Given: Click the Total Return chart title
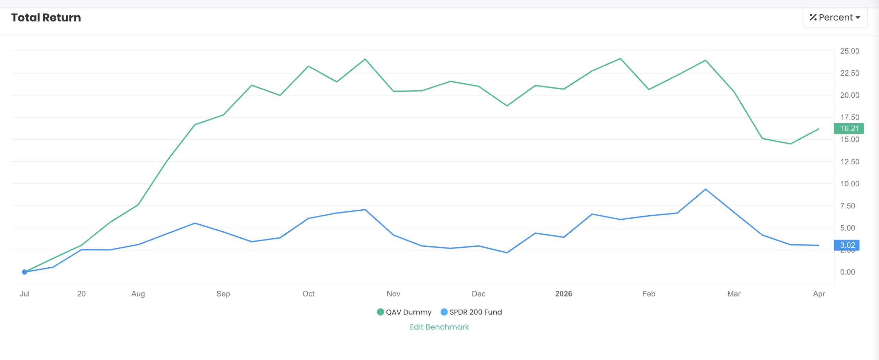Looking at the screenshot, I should coord(46,18).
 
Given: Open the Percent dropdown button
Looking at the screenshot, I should coord(835,18).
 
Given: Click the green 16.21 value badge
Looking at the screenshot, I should coord(849,128).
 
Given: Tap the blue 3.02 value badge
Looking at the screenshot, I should coord(847,245).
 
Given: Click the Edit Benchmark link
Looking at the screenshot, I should coord(439,327).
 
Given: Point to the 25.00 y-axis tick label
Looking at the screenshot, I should coord(849,51).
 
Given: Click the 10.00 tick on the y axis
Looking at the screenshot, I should coord(849,184).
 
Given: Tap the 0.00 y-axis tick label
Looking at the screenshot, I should coord(847,272).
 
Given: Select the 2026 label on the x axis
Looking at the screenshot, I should coord(563,294).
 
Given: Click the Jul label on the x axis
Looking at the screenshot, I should coord(25,294).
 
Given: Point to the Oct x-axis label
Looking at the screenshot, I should coord(308,294).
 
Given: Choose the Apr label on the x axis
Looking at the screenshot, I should coord(819,294).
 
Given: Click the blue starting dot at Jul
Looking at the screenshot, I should coord(25,272).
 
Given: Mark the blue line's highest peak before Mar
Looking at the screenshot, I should coord(706,189).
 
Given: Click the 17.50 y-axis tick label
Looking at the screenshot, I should coord(849,117).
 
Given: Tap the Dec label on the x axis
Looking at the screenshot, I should coord(478,294).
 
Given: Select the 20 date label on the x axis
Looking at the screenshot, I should coord(81,294).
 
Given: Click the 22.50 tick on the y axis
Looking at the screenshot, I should coord(849,73).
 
